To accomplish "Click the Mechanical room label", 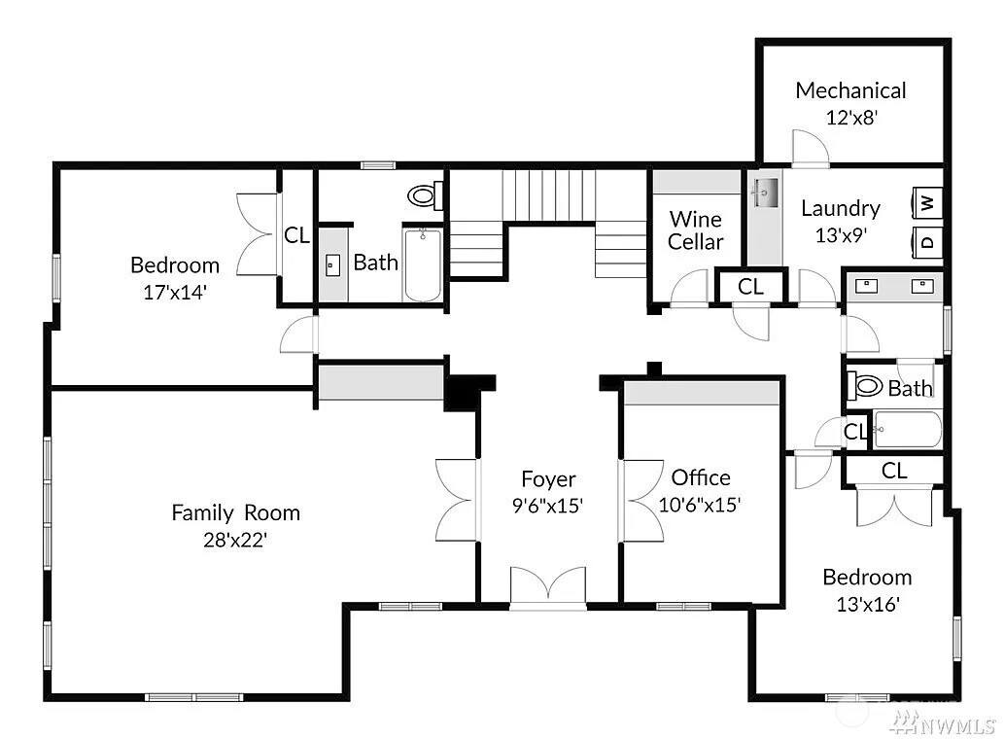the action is point(850,90).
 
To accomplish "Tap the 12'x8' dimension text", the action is point(851,118).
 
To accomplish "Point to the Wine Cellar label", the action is point(695,230).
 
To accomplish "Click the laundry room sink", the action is point(765,193).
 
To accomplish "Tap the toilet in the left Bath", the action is point(426,195).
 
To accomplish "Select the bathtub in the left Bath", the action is point(423,264).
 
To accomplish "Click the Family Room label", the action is point(235,512).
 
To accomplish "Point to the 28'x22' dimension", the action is point(235,540).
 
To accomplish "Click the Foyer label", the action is point(548,479).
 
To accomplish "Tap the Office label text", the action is point(701,477).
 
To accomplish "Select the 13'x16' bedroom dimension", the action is point(868,604).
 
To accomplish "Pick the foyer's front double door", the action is point(548,586).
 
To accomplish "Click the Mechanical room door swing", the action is point(811,147).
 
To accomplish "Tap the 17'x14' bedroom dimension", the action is point(175,292).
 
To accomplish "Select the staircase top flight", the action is point(548,195).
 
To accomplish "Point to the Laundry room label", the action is point(841,208).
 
